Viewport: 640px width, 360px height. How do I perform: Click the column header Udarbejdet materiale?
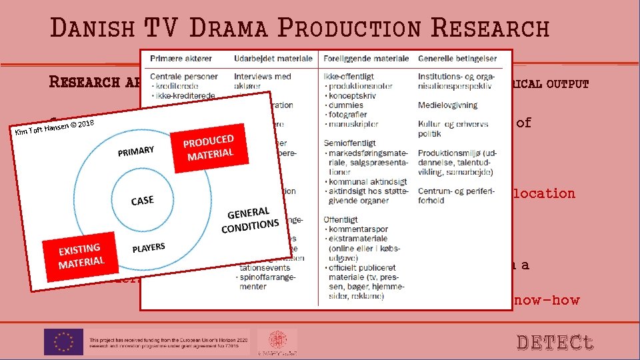273,59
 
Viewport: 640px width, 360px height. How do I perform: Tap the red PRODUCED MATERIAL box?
209,148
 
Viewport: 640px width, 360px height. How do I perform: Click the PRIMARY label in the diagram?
137,151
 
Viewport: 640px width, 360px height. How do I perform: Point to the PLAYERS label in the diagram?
149,248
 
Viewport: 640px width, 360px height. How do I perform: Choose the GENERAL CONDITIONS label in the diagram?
251,219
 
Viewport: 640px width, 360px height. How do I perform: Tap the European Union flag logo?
64,341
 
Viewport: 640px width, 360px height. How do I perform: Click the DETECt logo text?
555,342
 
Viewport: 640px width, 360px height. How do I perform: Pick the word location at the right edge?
543,193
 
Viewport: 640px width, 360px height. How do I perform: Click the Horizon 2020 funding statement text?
167,341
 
